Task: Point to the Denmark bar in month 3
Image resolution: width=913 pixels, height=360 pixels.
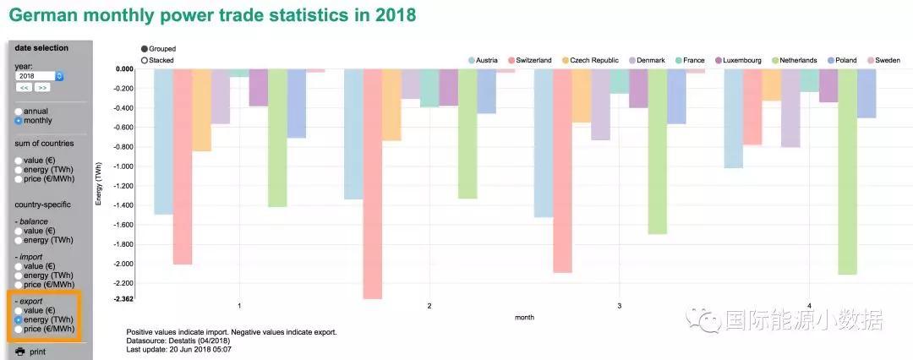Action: pyautogui.click(x=600, y=105)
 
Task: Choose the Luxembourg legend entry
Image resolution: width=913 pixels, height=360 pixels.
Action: pyautogui.click(x=738, y=61)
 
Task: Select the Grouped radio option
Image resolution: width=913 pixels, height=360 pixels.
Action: pyautogui.click(x=145, y=49)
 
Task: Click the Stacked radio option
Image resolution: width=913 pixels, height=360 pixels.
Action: pyautogui.click(x=145, y=60)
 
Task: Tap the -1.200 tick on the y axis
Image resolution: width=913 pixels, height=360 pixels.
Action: pyautogui.click(x=123, y=186)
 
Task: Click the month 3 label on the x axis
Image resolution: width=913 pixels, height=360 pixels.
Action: pyautogui.click(x=620, y=305)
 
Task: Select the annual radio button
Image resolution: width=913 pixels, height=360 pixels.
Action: pyautogui.click(x=19, y=111)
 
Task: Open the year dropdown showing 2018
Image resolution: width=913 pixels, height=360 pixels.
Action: pyautogui.click(x=40, y=76)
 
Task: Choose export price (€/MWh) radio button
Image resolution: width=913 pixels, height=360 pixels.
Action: pyautogui.click(x=19, y=329)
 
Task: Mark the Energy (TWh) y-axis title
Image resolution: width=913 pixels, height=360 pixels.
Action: pyautogui.click(x=100, y=182)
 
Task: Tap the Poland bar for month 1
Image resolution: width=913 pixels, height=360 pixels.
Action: pyautogui.click(x=296, y=104)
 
